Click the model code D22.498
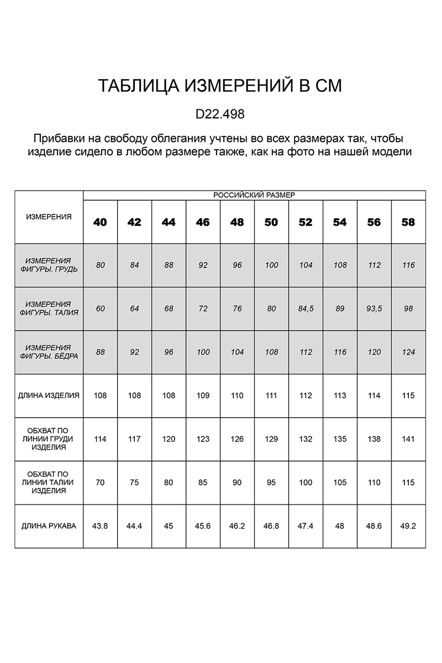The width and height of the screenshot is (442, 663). [x=220, y=114]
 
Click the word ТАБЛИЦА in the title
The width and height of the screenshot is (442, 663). [x=137, y=86]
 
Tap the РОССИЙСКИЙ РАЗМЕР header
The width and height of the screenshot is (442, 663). [x=254, y=195]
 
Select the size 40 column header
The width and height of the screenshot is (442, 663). [x=100, y=222]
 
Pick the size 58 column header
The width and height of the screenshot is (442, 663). [x=408, y=222]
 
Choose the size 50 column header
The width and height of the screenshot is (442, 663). [x=271, y=222]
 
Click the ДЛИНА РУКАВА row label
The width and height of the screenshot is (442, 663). [x=49, y=526]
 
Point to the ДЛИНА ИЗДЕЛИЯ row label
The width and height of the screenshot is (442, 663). [x=49, y=396]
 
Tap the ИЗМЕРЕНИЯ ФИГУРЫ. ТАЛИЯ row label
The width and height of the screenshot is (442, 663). [x=49, y=308]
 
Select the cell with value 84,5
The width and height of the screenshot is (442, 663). [x=306, y=309]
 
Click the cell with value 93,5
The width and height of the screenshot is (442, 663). [x=374, y=309]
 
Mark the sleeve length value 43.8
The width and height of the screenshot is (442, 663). [x=100, y=526]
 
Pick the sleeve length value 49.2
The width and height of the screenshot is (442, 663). [x=408, y=526]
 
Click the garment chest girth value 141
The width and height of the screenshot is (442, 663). [x=408, y=439]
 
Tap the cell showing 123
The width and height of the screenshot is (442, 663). [x=203, y=439]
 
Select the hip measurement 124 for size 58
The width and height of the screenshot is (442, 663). [x=408, y=352]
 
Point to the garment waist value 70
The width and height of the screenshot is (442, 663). [x=100, y=482]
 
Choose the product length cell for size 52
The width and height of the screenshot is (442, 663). [x=306, y=396]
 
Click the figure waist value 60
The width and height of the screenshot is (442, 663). [x=100, y=309]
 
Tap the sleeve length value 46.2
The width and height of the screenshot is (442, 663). [x=237, y=526]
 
